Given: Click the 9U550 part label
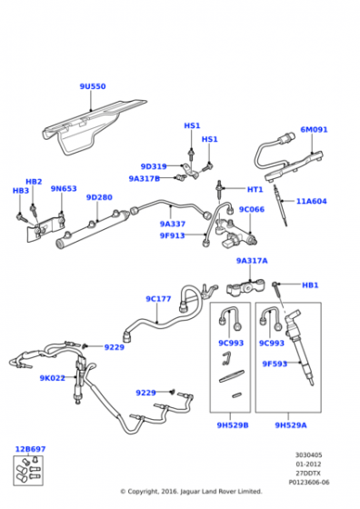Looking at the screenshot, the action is click(93, 86).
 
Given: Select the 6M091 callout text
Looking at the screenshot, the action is click(314, 129).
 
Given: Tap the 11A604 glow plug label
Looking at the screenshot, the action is click(311, 201).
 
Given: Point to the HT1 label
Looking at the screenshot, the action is click(255, 189).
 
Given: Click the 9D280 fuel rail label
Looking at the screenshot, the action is click(99, 197).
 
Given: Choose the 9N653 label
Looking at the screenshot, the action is click(64, 189).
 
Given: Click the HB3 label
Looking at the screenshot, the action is click(21, 191).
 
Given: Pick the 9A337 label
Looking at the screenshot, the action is click(173, 224).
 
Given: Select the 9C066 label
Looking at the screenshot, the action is click(252, 209).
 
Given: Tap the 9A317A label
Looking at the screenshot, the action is click(252, 261).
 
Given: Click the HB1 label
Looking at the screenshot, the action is click(310, 285).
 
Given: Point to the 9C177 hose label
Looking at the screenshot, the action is click(158, 299).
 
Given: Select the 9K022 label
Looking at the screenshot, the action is click(52, 378).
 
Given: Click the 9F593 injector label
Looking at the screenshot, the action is click(275, 364).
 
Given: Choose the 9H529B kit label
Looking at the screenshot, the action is click(233, 425).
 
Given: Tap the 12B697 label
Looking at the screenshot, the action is click(31, 449).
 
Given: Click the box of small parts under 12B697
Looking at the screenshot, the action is click(28, 471).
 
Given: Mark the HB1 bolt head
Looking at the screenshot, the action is click(275, 284).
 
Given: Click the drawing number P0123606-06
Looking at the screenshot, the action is click(309, 483).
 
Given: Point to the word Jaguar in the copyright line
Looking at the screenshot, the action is click(190, 492).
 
